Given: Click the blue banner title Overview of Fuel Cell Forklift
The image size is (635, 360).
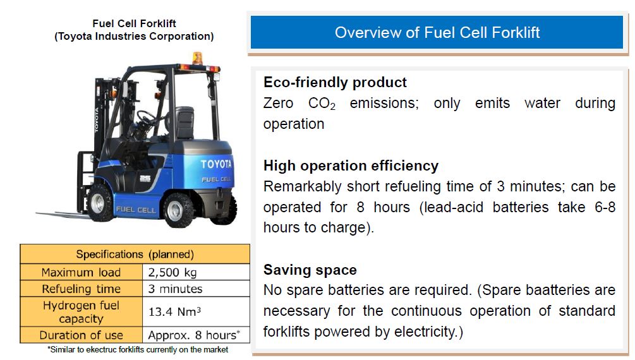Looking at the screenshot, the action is pos(437,32).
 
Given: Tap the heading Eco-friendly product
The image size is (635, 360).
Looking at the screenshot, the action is pos(335,82).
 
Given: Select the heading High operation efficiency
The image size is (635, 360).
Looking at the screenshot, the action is pos(351,165).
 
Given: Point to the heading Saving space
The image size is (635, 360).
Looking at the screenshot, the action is pos(310,270).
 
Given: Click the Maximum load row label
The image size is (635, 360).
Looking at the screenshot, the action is pos(81,272).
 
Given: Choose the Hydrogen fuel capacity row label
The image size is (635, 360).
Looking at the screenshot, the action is pos(81,312).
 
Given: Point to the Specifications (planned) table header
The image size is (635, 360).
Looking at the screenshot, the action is pos(135,255).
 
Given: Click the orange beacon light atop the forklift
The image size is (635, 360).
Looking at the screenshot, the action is pos(197,58).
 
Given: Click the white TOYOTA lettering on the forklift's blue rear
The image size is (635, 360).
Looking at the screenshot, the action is pos(216,164).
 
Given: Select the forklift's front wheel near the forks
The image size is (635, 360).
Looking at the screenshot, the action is pos(99,203).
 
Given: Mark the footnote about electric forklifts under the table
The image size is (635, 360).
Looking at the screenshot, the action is pos(138,349).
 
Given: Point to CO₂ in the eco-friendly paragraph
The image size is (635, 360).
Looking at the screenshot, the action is pos(322,104).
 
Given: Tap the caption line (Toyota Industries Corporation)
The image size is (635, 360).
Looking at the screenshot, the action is pos(134,37).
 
